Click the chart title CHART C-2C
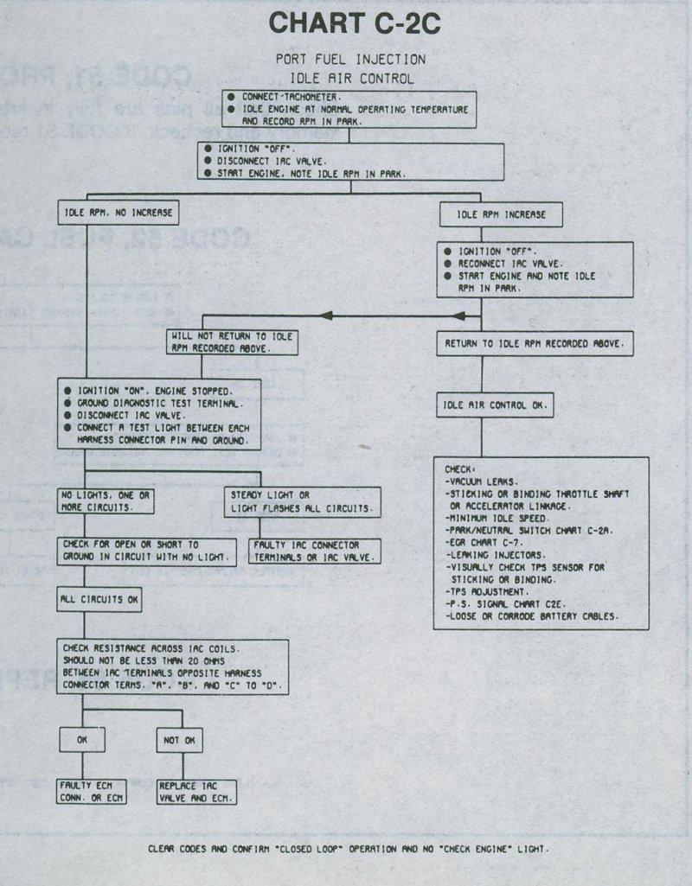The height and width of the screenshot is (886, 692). (355, 24)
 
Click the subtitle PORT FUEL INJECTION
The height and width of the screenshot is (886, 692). (350, 60)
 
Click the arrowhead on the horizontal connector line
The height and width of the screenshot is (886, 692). (327, 316)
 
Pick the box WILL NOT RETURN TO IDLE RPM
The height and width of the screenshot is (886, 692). (233, 343)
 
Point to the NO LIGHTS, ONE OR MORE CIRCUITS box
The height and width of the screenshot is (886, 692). (106, 501)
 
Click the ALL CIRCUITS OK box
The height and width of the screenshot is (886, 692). (99, 598)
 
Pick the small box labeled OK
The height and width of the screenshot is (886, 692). (81, 739)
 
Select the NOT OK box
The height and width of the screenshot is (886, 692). (180, 739)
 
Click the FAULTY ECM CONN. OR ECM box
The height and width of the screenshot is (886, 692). (92, 792)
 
